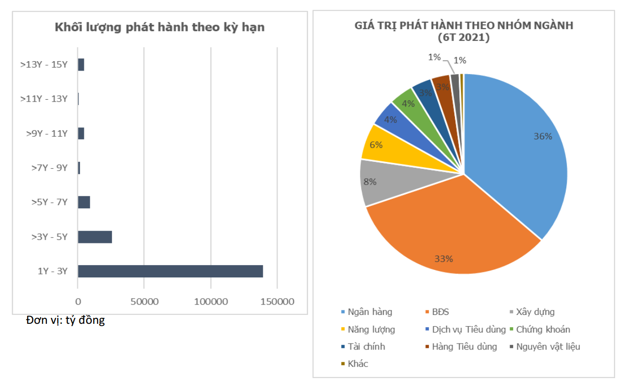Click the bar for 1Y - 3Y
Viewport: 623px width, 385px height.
(x=170, y=271)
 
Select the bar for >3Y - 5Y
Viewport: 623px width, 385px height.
(x=95, y=237)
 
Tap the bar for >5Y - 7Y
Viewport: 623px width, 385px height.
(x=84, y=202)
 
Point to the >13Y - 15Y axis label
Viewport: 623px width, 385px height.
(x=44, y=64)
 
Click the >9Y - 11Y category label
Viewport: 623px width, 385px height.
(x=47, y=133)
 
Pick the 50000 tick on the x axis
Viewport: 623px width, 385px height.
(x=144, y=301)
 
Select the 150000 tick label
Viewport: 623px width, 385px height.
(x=277, y=301)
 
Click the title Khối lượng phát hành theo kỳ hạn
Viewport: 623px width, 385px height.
(x=159, y=27)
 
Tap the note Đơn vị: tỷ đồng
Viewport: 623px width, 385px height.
(x=66, y=320)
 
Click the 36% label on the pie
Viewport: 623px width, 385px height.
(x=543, y=137)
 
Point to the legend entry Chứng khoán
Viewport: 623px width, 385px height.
(x=543, y=329)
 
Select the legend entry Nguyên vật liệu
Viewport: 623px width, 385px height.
(x=548, y=346)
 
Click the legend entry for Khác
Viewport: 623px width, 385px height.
(x=357, y=364)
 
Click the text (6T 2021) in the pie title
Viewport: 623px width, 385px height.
(x=463, y=38)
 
